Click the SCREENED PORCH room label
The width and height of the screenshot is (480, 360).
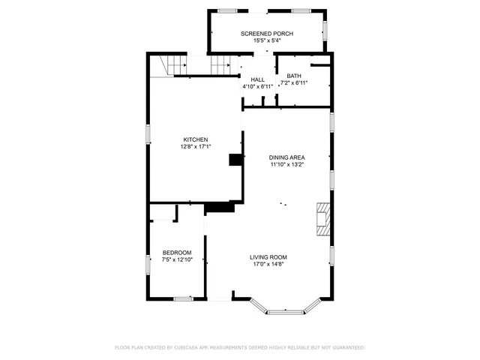[x=266, y=34]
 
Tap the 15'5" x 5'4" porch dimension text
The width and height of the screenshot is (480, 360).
[x=266, y=41]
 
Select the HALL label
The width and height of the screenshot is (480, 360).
[x=257, y=79]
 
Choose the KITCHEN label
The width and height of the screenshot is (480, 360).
[x=196, y=139]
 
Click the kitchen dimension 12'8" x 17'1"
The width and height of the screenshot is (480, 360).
[x=196, y=147]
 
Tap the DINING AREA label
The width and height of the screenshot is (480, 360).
[x=286, y=157]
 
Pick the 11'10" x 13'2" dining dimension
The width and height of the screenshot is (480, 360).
[x=286, y=165]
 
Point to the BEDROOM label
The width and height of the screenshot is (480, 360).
[x=177, y=252]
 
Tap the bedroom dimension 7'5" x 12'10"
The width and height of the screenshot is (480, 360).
[x=177, y=259]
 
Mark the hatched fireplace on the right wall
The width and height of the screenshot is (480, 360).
[x=322, y=219]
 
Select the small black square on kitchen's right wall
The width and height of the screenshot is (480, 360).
[x=236, y=159]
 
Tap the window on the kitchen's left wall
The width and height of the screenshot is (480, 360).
[x=148, y=135]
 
